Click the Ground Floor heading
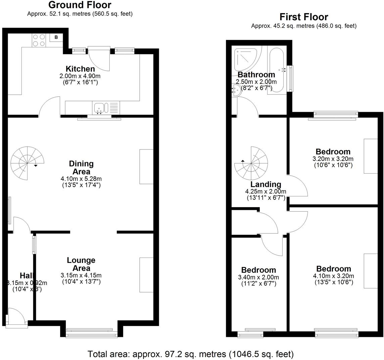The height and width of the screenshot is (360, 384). coord(80,5)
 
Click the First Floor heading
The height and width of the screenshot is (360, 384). coord(304,17)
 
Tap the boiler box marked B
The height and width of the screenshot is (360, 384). coord(56,37)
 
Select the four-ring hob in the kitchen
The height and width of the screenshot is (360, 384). coord(39,40)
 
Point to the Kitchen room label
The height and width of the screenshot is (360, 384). coord(80,69)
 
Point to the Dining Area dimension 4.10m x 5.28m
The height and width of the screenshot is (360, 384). coord(81,179)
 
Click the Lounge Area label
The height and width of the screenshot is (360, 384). coord(81,264)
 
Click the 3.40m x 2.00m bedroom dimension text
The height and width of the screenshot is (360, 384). coord(258,277)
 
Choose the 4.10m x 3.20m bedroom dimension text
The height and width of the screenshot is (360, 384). coord(333,276)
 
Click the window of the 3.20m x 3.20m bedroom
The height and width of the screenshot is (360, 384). coord(336,115)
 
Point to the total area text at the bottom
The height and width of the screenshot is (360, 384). coord(191,354)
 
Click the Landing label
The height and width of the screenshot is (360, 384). coord(266,184)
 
